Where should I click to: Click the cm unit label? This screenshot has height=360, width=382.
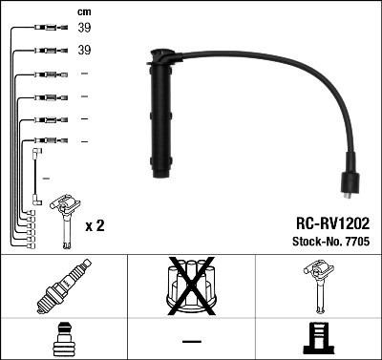pyautogui.click(x=83, y=11)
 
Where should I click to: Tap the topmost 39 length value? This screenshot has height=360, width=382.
pyautogui.click(x=84, y=28)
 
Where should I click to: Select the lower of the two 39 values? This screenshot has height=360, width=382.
pyautogui.click(x=84, y=50)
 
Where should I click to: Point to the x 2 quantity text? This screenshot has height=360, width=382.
pyautogui.click(x=95, y=225)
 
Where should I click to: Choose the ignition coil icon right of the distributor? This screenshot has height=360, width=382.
pyautogui.click(x=316, y=286)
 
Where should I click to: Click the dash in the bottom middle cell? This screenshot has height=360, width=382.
pyautogui.click(x=190, y=341)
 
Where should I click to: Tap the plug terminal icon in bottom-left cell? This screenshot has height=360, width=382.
pyautogui.click(x=62, y=339)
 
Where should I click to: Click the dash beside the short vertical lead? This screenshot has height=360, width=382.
pyautogui.click(x=47, y=178)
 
